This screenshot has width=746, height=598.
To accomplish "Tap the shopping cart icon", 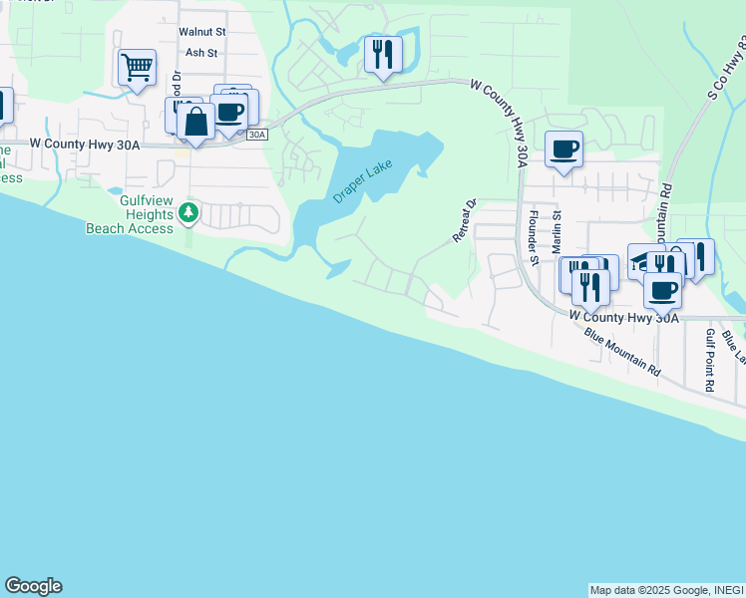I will [x=137, y=68].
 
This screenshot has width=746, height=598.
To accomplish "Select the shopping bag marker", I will [x=196, y=123].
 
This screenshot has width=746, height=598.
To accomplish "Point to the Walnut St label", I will [x=202, y=32].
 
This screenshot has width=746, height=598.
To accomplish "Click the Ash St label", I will [x=201, y=53].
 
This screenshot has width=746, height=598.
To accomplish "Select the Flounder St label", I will [x=534, y=238].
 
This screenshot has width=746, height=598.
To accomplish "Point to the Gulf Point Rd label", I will [x=710, y=359].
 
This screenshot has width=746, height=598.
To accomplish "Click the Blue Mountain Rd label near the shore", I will [x=623, y=352].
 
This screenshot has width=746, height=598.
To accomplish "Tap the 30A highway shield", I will [x=257, y=134].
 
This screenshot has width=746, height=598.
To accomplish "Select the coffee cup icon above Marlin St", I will [x=564, y=149].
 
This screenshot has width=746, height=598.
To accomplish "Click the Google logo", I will [x=33, y=586].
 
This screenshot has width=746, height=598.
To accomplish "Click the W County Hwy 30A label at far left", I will [x=86, y=144].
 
